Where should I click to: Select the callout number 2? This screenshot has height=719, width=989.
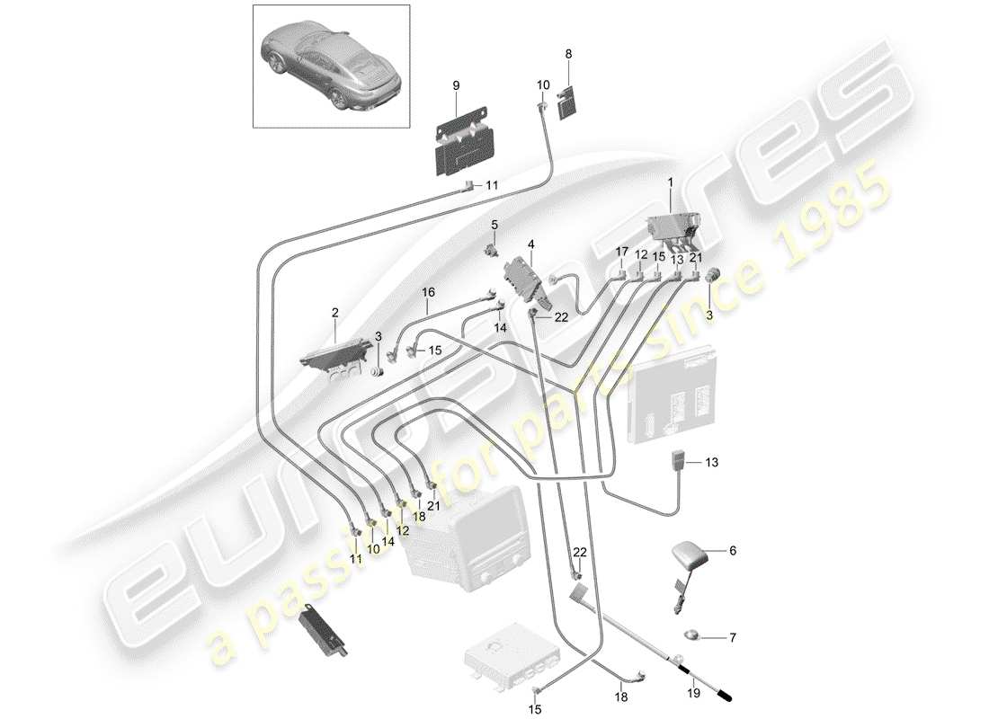[x=334, y=313]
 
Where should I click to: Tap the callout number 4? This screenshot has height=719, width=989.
[x=530, y=243]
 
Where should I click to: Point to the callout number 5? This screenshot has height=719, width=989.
[x=494, y=223]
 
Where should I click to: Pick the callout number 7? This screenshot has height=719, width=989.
[x=731, y=638]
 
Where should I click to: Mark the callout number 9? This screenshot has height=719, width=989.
[x=456, y=84]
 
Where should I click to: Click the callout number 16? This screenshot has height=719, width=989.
[x=428, y=292]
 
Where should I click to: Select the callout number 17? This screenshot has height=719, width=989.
[x=621, y=253]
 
